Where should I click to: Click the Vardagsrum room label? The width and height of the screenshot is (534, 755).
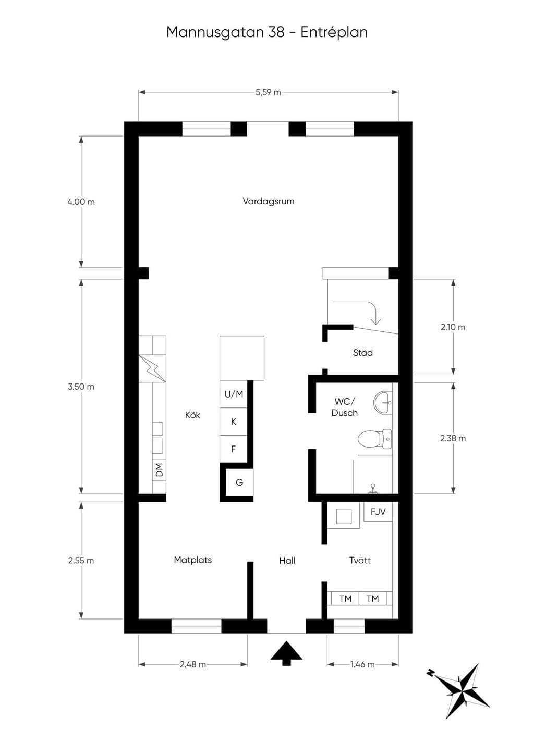[x=269, y=201]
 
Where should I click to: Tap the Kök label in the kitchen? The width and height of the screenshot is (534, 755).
[x=192, y=415]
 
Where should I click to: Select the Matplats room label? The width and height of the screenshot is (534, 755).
[x=192, y=560]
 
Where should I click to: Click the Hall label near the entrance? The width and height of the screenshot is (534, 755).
[x=287, y=561]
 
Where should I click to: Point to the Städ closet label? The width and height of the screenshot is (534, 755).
[x=362, y=353]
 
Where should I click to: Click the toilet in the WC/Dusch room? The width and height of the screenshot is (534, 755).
[x=375, y=439]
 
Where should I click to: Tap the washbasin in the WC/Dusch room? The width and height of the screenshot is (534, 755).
[x=383, y=402]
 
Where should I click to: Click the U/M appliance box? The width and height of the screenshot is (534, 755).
[x=234, y=394]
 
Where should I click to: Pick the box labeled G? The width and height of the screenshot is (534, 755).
[x=239, y=482]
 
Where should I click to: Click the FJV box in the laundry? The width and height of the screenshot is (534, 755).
[x=378, y=512]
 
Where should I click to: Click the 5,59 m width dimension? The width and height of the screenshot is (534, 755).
[x=268, y=92]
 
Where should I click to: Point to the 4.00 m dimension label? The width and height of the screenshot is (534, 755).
[x=81, y=202]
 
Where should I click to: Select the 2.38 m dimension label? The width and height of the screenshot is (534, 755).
[x=453, y=438]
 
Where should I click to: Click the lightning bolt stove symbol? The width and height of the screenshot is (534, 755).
[x=152, y=368]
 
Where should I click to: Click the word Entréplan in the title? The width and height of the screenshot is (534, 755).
[x=334, y=32]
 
